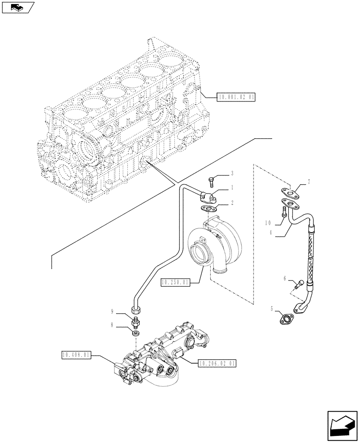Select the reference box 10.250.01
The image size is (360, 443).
tap(176, 282)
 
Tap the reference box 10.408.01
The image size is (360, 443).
tap(77, 354)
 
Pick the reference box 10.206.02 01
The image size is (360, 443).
tap(217, 363)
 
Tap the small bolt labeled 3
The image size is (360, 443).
tap(211, 181)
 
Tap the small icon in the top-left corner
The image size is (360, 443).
tap(18, 7)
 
